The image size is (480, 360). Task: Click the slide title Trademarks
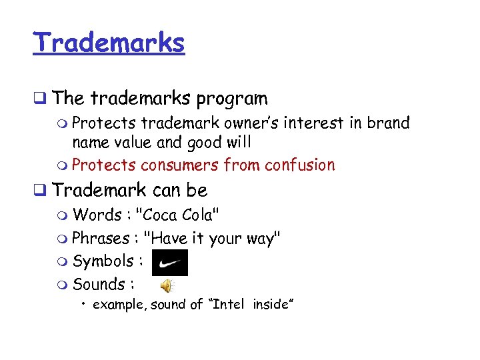pos(109,43)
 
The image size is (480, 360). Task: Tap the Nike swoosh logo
pos(170,263)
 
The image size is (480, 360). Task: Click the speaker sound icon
pos(167,286)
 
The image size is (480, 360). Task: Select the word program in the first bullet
pos(231,99)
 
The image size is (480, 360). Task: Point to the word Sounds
pos(98,285)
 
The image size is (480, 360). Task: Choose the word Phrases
pos(101,238)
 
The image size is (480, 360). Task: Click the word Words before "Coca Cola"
pos(97,215)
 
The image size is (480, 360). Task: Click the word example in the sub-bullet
pos(120,305)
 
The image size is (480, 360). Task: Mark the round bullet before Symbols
pos(63,261)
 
